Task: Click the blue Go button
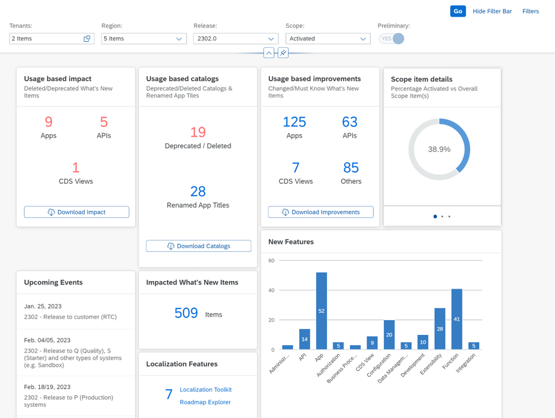[x=457, y=11]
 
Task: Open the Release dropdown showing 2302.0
[x=236, y=39]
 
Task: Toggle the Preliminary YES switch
[x=392, y=39]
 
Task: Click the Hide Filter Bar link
[x=492, y=11]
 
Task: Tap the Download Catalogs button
[x=199, y=246]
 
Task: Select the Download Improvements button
[x=321, y=212]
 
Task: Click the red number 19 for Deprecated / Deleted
[x=198, y=132]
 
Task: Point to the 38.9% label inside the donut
[x=439, y=149]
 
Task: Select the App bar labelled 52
[x=321, y=311]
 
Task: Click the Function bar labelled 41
[x=456, y=319]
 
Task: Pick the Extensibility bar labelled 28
[x=440, y=328]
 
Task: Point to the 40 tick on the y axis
[x=271, y=290]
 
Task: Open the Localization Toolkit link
[x=206, y=389]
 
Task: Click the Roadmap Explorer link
[x=205, y=402]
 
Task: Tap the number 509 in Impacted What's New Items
[x=186, y=313]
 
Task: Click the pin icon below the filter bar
[x=283, y=53]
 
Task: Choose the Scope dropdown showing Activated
[x=328, y=39]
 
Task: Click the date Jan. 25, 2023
[x=43, y=306]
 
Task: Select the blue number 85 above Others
[x=351, y=167]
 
